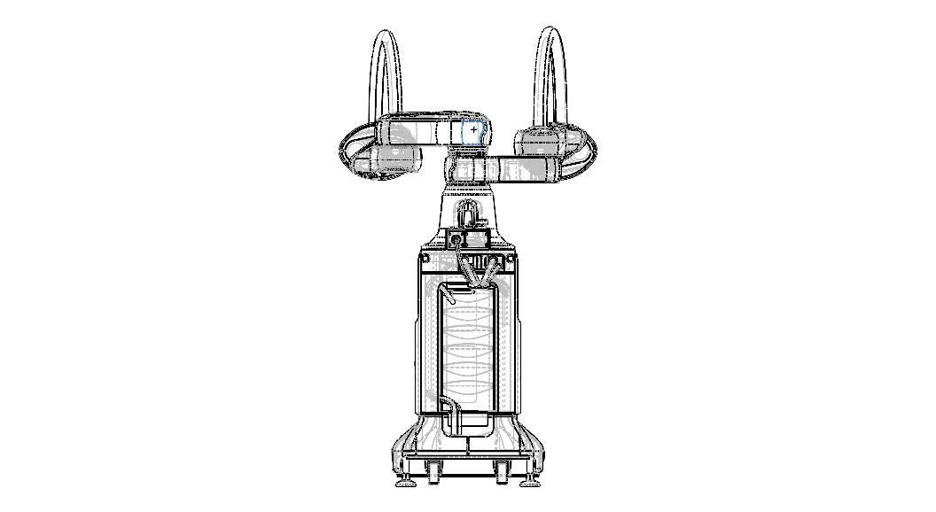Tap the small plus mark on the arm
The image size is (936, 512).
474,129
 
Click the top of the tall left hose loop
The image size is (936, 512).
384,35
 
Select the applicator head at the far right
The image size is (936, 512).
542,139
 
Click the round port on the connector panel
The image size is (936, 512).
456,238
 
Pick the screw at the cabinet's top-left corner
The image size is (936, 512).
425,259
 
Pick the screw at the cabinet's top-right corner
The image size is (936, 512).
511,259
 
